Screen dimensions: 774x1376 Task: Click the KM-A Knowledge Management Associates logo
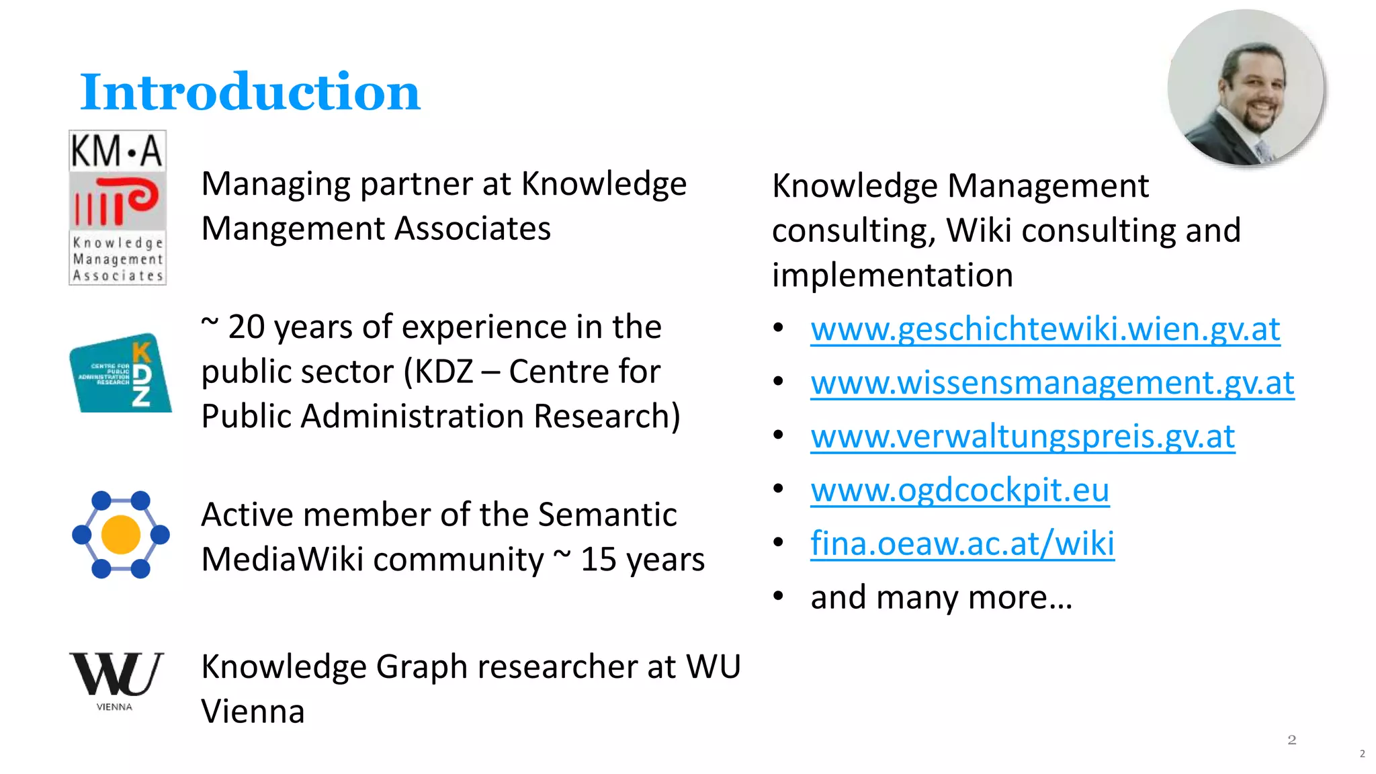pos(118,208)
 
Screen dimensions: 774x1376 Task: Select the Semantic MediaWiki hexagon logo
pos(121,535)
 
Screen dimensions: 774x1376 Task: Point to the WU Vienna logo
pos(116,680)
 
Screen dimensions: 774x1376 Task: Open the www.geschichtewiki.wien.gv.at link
pos(1045,329)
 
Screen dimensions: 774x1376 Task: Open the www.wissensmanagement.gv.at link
pos(1052,383)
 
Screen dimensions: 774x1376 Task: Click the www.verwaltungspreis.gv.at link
pos(1023,437)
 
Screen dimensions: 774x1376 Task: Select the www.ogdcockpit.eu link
pos(959,490)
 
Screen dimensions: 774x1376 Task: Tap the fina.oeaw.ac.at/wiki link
pos(962,544)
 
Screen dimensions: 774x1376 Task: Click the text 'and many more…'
pos(941,597)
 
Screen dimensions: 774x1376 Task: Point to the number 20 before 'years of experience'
pos(246,328)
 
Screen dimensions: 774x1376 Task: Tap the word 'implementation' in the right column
pos(892,275)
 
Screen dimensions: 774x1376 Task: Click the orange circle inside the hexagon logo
pos(121,535)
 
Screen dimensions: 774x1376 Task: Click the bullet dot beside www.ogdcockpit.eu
pos(778,488)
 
